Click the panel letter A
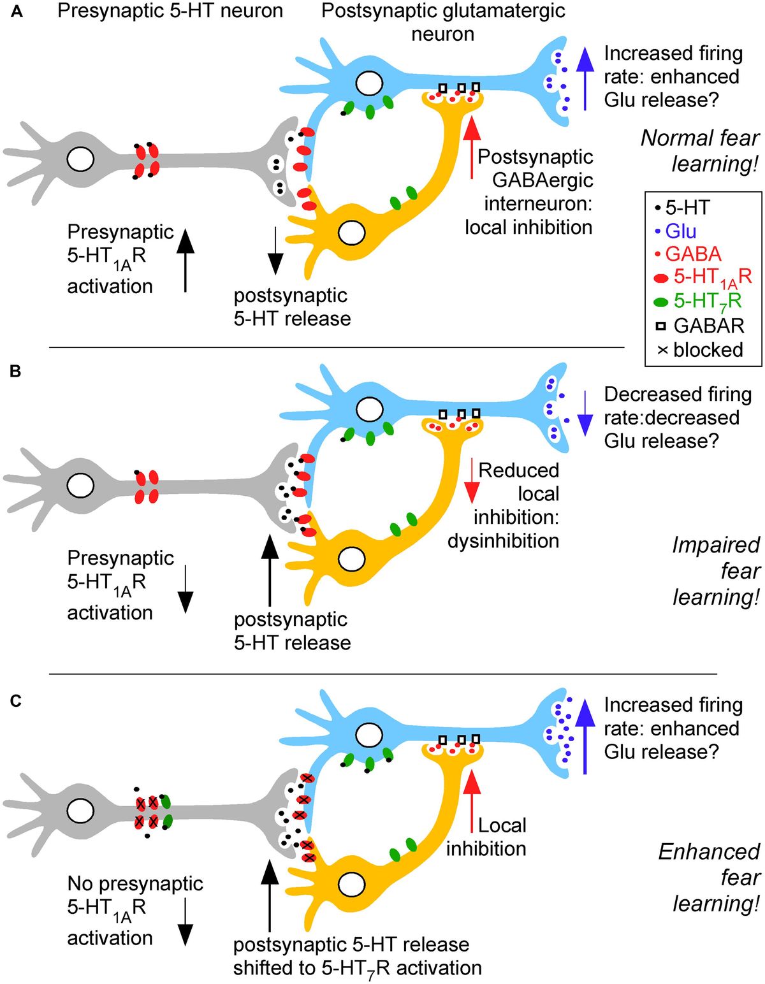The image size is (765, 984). (x=17, y=12)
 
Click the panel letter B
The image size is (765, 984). (x=16, y=371)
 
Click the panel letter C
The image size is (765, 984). (x=17, y=701)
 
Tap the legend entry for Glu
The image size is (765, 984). (x=680, y=231)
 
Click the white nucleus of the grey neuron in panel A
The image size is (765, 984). (x=80, y=159)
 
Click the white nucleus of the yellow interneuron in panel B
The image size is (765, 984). (x=352, y=559)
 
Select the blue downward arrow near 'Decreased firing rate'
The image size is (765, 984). (x=585, y=413)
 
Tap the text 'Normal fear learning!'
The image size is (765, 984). (x=700, y=150)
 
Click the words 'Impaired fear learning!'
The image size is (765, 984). (x=715, y=570)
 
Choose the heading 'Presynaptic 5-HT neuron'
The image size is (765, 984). (x=170, y=11)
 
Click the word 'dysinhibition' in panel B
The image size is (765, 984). (x=503, y=540)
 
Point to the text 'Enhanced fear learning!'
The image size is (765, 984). (x=709, y=877)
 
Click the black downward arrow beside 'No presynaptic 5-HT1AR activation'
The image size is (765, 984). (x=185, y=922)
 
